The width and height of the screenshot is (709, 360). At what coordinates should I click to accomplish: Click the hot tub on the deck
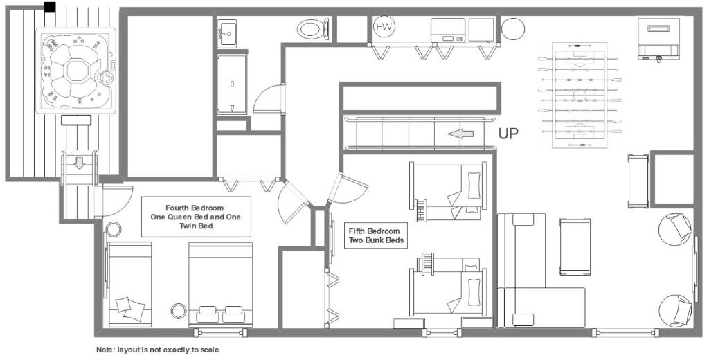[x=76, y=70]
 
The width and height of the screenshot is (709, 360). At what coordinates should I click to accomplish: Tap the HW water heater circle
[x=384, y=27]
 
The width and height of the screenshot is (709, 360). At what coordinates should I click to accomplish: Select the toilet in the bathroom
[x=314, y=29]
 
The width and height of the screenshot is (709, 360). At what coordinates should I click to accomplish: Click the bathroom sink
[x=227, y=33]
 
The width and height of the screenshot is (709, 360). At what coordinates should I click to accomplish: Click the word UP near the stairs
[x=508, y=134]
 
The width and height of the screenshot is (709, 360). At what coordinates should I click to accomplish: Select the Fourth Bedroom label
[x=196, y=217]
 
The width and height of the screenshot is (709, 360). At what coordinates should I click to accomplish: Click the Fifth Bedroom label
[x=375, y=235]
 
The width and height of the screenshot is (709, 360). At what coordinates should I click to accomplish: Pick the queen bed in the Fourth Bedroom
[x=221, y=285]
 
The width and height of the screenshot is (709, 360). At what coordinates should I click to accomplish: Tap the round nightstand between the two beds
[x=179, y=311]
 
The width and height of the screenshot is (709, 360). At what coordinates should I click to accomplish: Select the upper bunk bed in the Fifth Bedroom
[x=448, y=192]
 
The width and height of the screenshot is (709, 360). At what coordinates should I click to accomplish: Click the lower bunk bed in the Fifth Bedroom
[x=448, y=285]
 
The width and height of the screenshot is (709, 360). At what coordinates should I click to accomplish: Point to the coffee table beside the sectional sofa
[x=575, y=246]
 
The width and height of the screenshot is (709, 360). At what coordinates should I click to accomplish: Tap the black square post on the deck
[x=50, y=7]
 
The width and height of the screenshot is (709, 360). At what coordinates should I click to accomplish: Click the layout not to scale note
[x=157, y=350]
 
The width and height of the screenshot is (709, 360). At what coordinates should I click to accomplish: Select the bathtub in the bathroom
[x=232, y=84]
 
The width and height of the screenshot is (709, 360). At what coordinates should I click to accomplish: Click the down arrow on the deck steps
[x=80, y=163]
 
